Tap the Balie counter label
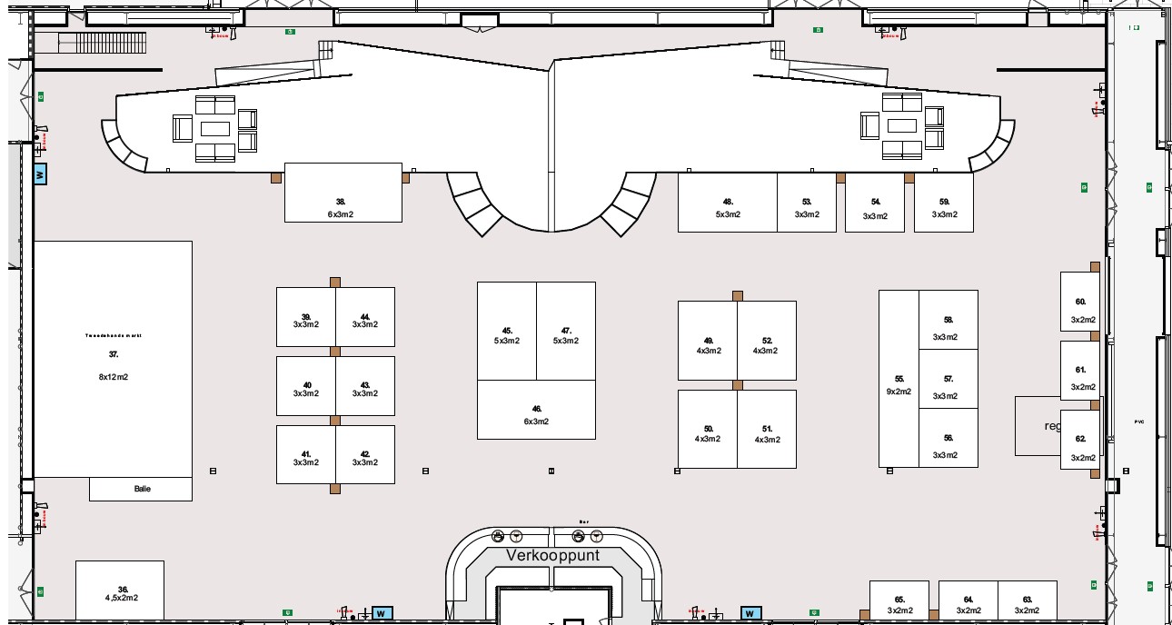coord(141,489)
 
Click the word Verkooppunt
coord(553,555)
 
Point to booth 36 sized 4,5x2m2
coord(120,592)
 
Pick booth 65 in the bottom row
coord(899,602)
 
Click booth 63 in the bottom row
coord(1028,602)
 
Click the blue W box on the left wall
coord(39,174)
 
